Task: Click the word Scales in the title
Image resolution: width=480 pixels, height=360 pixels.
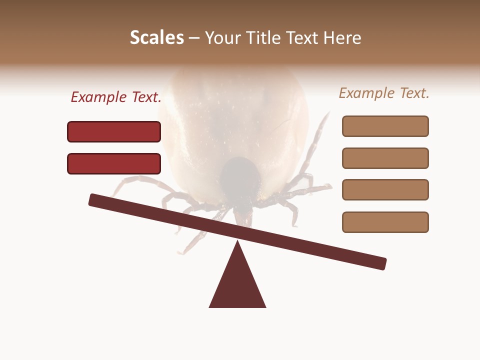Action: [x=156, y=37]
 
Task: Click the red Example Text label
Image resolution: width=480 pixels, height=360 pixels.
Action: [x=116, y=97]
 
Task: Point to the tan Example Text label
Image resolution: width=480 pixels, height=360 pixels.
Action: [x=384, y=93]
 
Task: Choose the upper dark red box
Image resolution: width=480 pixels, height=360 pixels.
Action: [x=114, y=131]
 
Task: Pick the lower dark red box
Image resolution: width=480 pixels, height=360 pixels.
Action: [x=114, y=163]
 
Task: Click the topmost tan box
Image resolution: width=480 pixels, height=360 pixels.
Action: [x=385, y=126]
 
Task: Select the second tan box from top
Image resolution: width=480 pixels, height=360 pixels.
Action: [x=385, y=158]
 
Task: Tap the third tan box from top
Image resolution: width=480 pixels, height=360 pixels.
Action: [x=385, y=190]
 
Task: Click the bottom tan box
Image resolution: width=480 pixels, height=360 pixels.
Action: [x=385, y=222]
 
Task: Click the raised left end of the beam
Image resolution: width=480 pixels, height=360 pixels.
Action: [x=95, y=199]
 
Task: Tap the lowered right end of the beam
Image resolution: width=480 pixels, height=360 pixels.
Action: [x=380, y=263]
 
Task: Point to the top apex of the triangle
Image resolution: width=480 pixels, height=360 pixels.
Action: [x=237, y=242]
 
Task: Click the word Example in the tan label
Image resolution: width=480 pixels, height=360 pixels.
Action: [x=365, y=93]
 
